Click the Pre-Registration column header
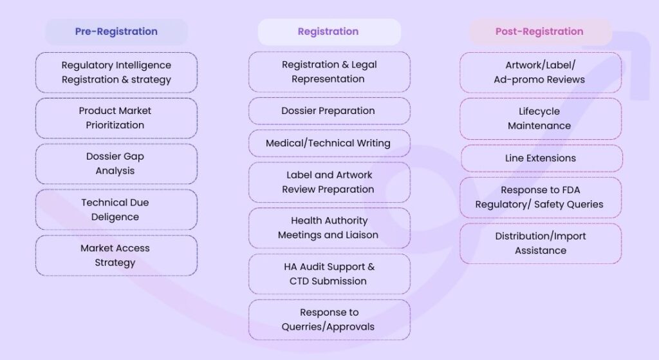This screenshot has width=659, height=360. click(116, 32)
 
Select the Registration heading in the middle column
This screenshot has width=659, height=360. click(328, 32)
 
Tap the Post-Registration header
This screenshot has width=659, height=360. click(539, 32)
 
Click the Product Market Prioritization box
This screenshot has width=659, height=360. click(116, 118)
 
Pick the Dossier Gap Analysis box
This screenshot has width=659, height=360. click(116, 164)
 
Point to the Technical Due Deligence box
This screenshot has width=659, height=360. click(116, 209)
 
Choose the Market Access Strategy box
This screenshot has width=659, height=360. click(116, 255)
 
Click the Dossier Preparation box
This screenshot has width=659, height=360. click(328, 111)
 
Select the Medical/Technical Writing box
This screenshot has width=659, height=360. click(328, 143)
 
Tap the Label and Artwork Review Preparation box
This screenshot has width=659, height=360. click(328, 182)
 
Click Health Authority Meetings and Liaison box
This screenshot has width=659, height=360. click(328, 228)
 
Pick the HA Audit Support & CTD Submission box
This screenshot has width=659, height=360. click(328, 274)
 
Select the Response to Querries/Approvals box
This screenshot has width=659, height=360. click(328, 319)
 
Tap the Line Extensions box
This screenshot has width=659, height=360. click(540, 158)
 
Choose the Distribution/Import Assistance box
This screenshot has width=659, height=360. click(540, 243)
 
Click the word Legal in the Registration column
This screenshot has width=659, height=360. click(364, 64)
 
